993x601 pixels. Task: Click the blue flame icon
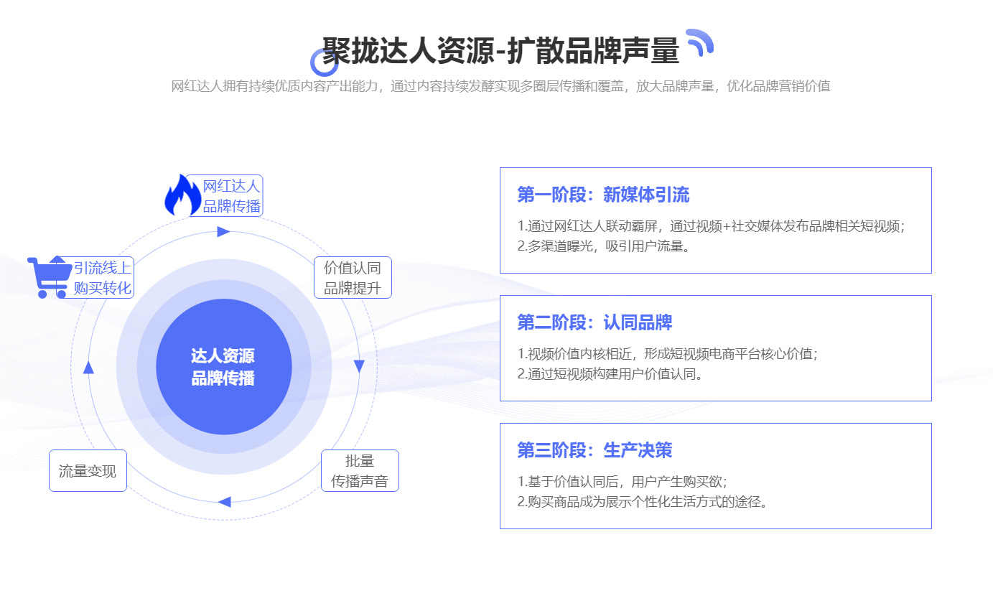(182, 195)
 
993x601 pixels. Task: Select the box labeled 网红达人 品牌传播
(230, 196)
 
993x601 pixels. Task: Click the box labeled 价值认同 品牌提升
(353, 278)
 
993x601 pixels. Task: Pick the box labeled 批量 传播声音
(360, 471)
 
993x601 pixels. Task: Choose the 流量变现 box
(88, 471)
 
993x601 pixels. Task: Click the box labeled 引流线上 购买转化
(102, 278)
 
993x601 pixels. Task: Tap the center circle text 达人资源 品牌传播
(223, 367)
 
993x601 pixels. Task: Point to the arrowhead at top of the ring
(223, 232)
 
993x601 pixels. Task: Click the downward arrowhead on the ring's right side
(359, 366)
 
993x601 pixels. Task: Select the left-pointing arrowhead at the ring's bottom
(224, 502)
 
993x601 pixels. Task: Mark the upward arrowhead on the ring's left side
(89, 368)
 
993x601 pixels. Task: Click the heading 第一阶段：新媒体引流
(603, 195)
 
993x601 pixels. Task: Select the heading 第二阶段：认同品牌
(595, 322)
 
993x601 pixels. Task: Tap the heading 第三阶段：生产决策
(595, 450)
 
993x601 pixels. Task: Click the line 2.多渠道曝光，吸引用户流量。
(604, 246)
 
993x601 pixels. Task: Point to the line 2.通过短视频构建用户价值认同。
(610, 374)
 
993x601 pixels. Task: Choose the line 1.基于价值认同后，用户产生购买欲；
(627, 482)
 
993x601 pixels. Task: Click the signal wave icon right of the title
(699, 42)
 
